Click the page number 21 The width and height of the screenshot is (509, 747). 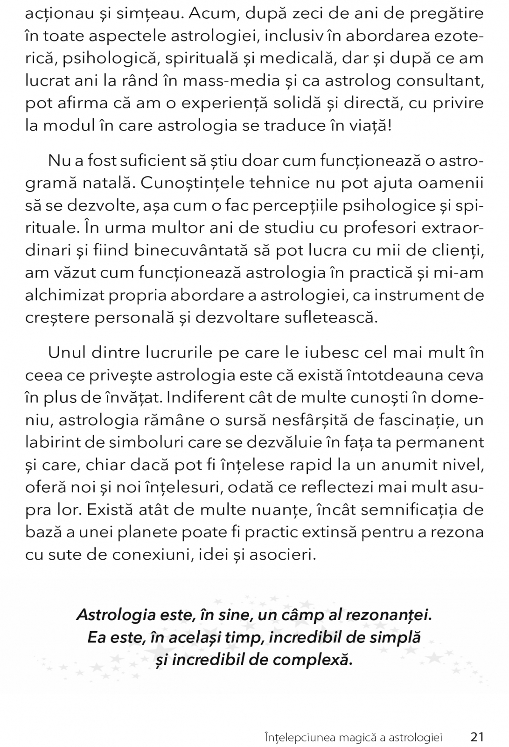point(477,725)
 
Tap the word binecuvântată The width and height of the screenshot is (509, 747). point(192,251)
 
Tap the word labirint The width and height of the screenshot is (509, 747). point(52,443)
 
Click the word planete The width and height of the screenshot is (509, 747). point(167,533)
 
